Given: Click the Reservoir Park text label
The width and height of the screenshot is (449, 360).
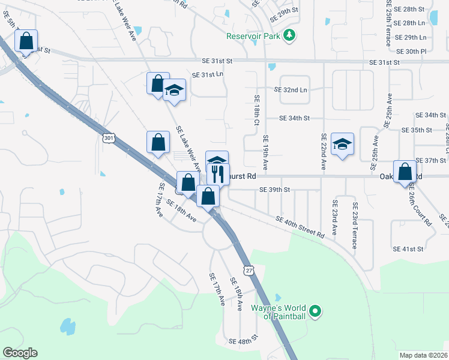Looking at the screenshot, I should pyautogui.click(x=253, y=36).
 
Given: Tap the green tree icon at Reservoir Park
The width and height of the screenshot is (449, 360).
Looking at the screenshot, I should pyautogui.click(x=290, y=35).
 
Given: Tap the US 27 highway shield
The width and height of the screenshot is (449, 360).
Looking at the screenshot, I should pyautogui.click(x=248, y=271).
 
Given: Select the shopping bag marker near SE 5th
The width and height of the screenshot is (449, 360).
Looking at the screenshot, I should pyautogui.click(x=26, y=42).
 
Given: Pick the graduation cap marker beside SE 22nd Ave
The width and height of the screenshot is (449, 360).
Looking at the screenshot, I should pyautogui.click(x=342, y=145).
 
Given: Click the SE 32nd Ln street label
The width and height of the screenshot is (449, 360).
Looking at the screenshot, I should pyautogui.click(x=291, y=89).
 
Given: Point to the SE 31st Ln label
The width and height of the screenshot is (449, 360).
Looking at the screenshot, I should pyautogui.click(x=207, y=75).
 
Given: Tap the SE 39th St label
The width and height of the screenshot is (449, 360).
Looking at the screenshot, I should pyautogui.click(x=274, y=190).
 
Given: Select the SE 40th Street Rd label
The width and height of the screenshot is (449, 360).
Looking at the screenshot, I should pyautogui.click(x=300, y=228).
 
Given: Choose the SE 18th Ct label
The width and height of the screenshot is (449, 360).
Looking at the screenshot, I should pyautogui.click(x=256, y=110).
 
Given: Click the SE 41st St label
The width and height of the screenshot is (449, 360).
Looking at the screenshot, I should pyautogui.click(x=408, y=248).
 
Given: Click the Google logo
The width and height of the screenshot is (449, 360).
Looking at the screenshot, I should pyautogui.click(x=20, y=353).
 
